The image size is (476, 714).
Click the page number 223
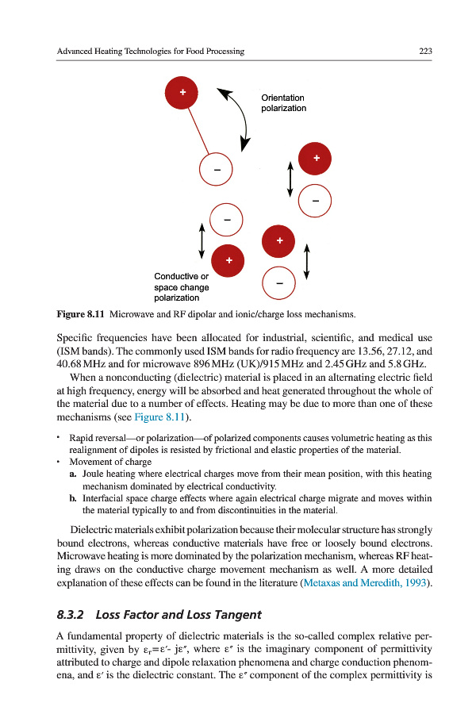[x=424, y=52]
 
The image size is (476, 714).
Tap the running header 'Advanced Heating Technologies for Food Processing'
[x=151, y=52]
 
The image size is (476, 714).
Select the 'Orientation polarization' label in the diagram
[x=283, y=103]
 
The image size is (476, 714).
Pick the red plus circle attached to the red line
[x=182, y=94]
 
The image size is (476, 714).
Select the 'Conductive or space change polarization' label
[x=182, y=286]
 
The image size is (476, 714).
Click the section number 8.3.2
[x=69, y=613]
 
